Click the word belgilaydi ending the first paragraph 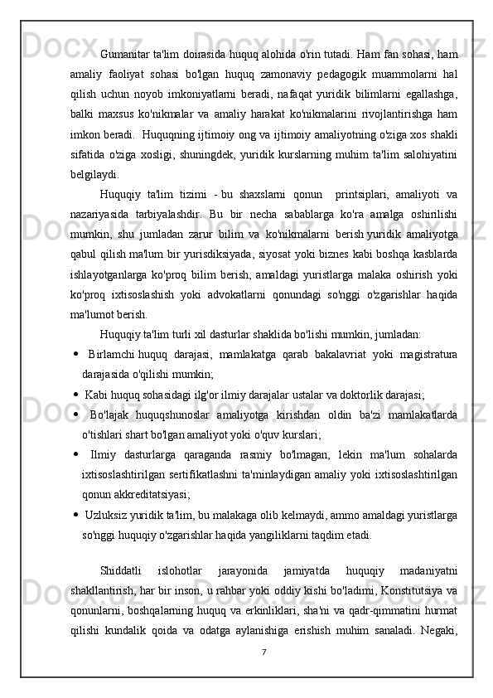click(94, 174)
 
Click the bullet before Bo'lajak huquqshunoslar click(75, 416)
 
